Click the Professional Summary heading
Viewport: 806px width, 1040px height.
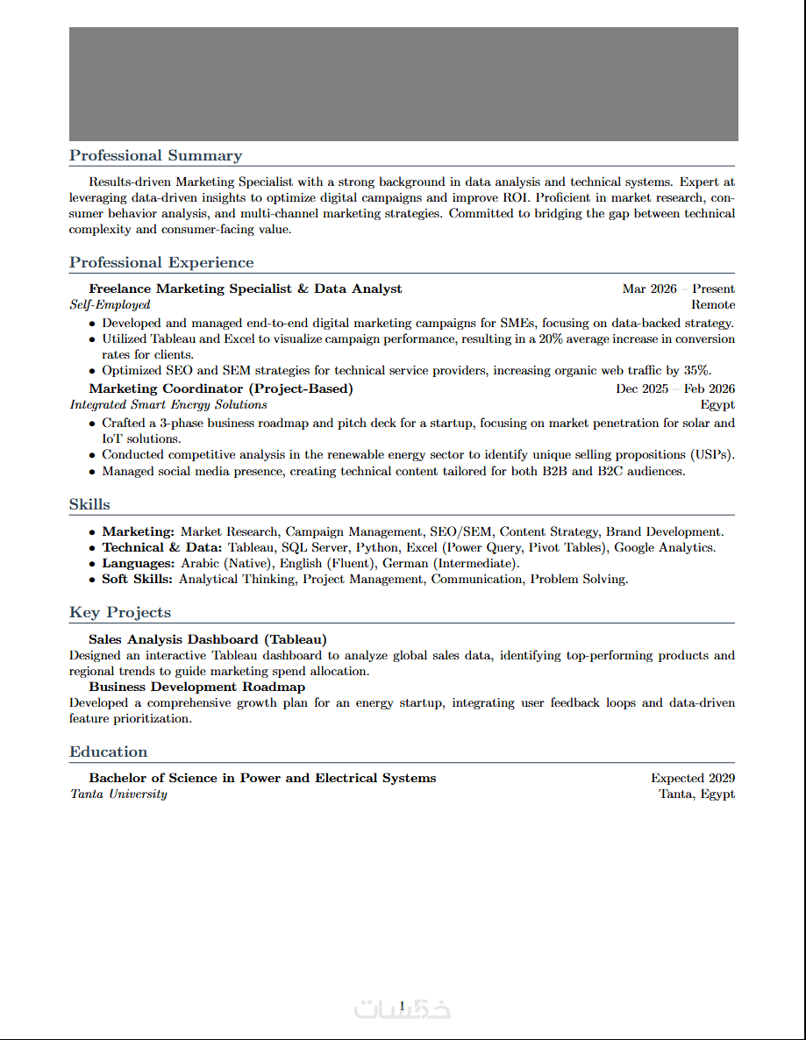coord(155,156)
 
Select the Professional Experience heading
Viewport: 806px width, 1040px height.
coord(161,263)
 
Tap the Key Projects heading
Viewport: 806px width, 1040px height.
coord(120,613)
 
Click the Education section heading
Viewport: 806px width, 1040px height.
coord(109,752)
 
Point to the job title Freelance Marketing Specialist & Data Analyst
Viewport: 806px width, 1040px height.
coord(246,288)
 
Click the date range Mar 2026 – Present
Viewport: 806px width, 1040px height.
coord(678,288)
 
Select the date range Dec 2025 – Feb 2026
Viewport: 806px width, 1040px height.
coord(674,388)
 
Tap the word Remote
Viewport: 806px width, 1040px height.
coord(712,305)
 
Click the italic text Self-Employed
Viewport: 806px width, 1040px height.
coord(111,305)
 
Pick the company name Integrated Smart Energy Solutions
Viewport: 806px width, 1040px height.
coord(168,405)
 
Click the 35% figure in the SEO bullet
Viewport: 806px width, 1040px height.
coord(696,370)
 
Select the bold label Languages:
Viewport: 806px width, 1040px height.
coord(139,564)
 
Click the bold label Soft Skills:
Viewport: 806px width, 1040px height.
coord(138,580)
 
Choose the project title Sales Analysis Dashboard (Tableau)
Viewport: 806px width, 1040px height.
coord(208,639)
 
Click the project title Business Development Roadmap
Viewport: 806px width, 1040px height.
coord(197,687)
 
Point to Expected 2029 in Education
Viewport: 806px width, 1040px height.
coord(692,778)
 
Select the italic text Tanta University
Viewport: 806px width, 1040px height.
coord(118,794)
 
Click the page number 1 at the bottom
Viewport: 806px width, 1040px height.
coord(402,1005)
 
